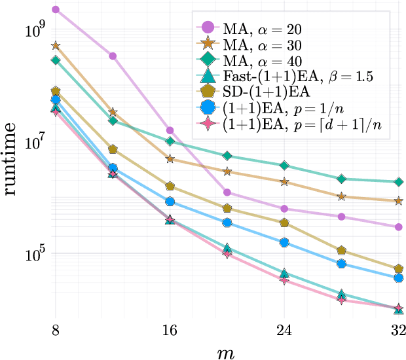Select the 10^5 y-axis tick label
(x=33, y=254)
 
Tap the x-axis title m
(x=227, y=351)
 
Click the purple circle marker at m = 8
(x=56, y=10)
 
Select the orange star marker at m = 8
(x=56, y=46)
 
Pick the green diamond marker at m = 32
(x=398, y=182)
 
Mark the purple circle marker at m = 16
(x=170, y=131)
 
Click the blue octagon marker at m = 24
(x=284, y=242)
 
